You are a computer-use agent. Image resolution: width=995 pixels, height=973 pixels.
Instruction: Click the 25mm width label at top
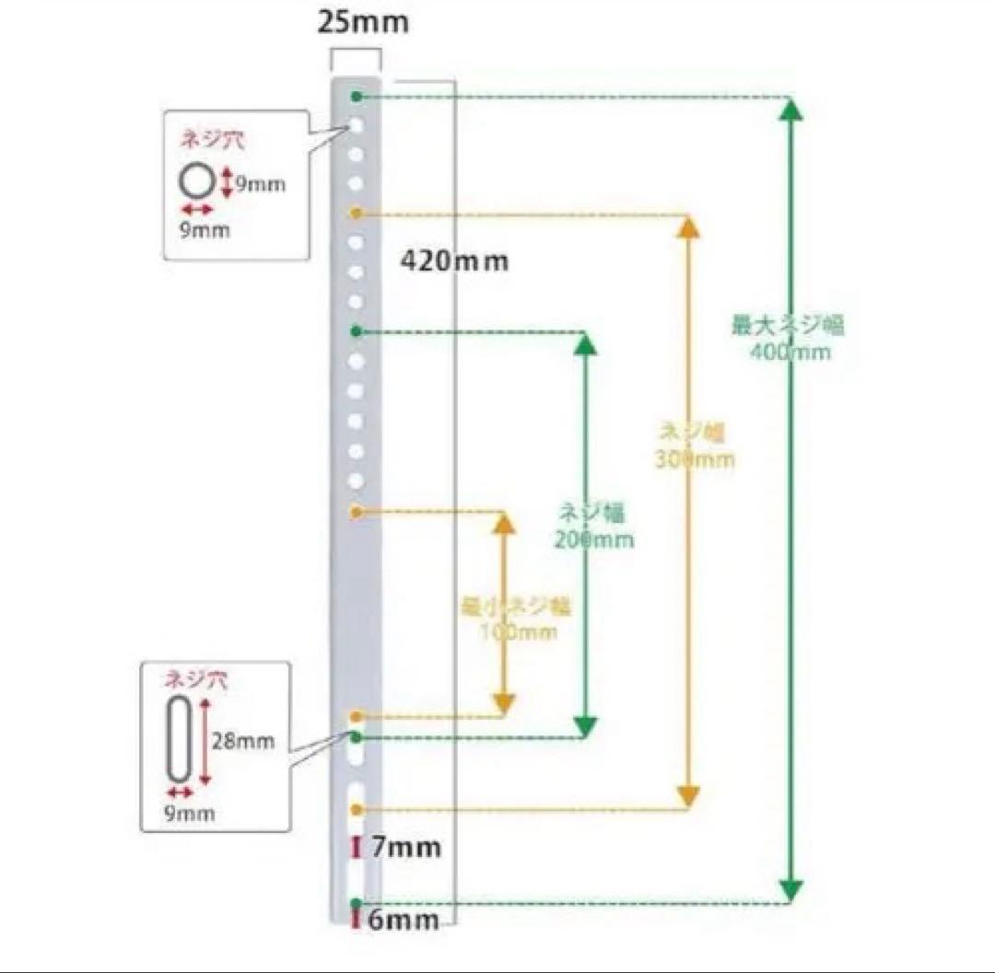362,22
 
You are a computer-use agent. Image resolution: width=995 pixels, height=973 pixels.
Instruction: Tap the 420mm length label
454,261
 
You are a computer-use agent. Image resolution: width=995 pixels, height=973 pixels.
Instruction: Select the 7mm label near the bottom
406,847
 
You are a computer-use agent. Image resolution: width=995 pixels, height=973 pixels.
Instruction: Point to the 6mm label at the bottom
404,919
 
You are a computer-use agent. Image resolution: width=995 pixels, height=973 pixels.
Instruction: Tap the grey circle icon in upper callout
197,182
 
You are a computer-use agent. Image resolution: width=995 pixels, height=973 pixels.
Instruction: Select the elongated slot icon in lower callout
179,739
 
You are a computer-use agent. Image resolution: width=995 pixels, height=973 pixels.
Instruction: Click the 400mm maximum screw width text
790,338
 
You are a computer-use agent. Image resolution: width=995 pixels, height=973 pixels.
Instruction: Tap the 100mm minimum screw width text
515,619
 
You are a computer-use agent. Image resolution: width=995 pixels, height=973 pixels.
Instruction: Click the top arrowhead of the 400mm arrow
790,110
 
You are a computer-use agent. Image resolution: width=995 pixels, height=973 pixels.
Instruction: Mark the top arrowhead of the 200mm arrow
586,344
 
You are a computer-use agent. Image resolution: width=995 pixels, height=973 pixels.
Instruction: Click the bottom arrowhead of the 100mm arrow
503,704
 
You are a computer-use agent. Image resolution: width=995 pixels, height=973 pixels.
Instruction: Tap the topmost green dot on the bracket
357,96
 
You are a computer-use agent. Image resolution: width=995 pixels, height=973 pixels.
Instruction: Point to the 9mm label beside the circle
259,184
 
